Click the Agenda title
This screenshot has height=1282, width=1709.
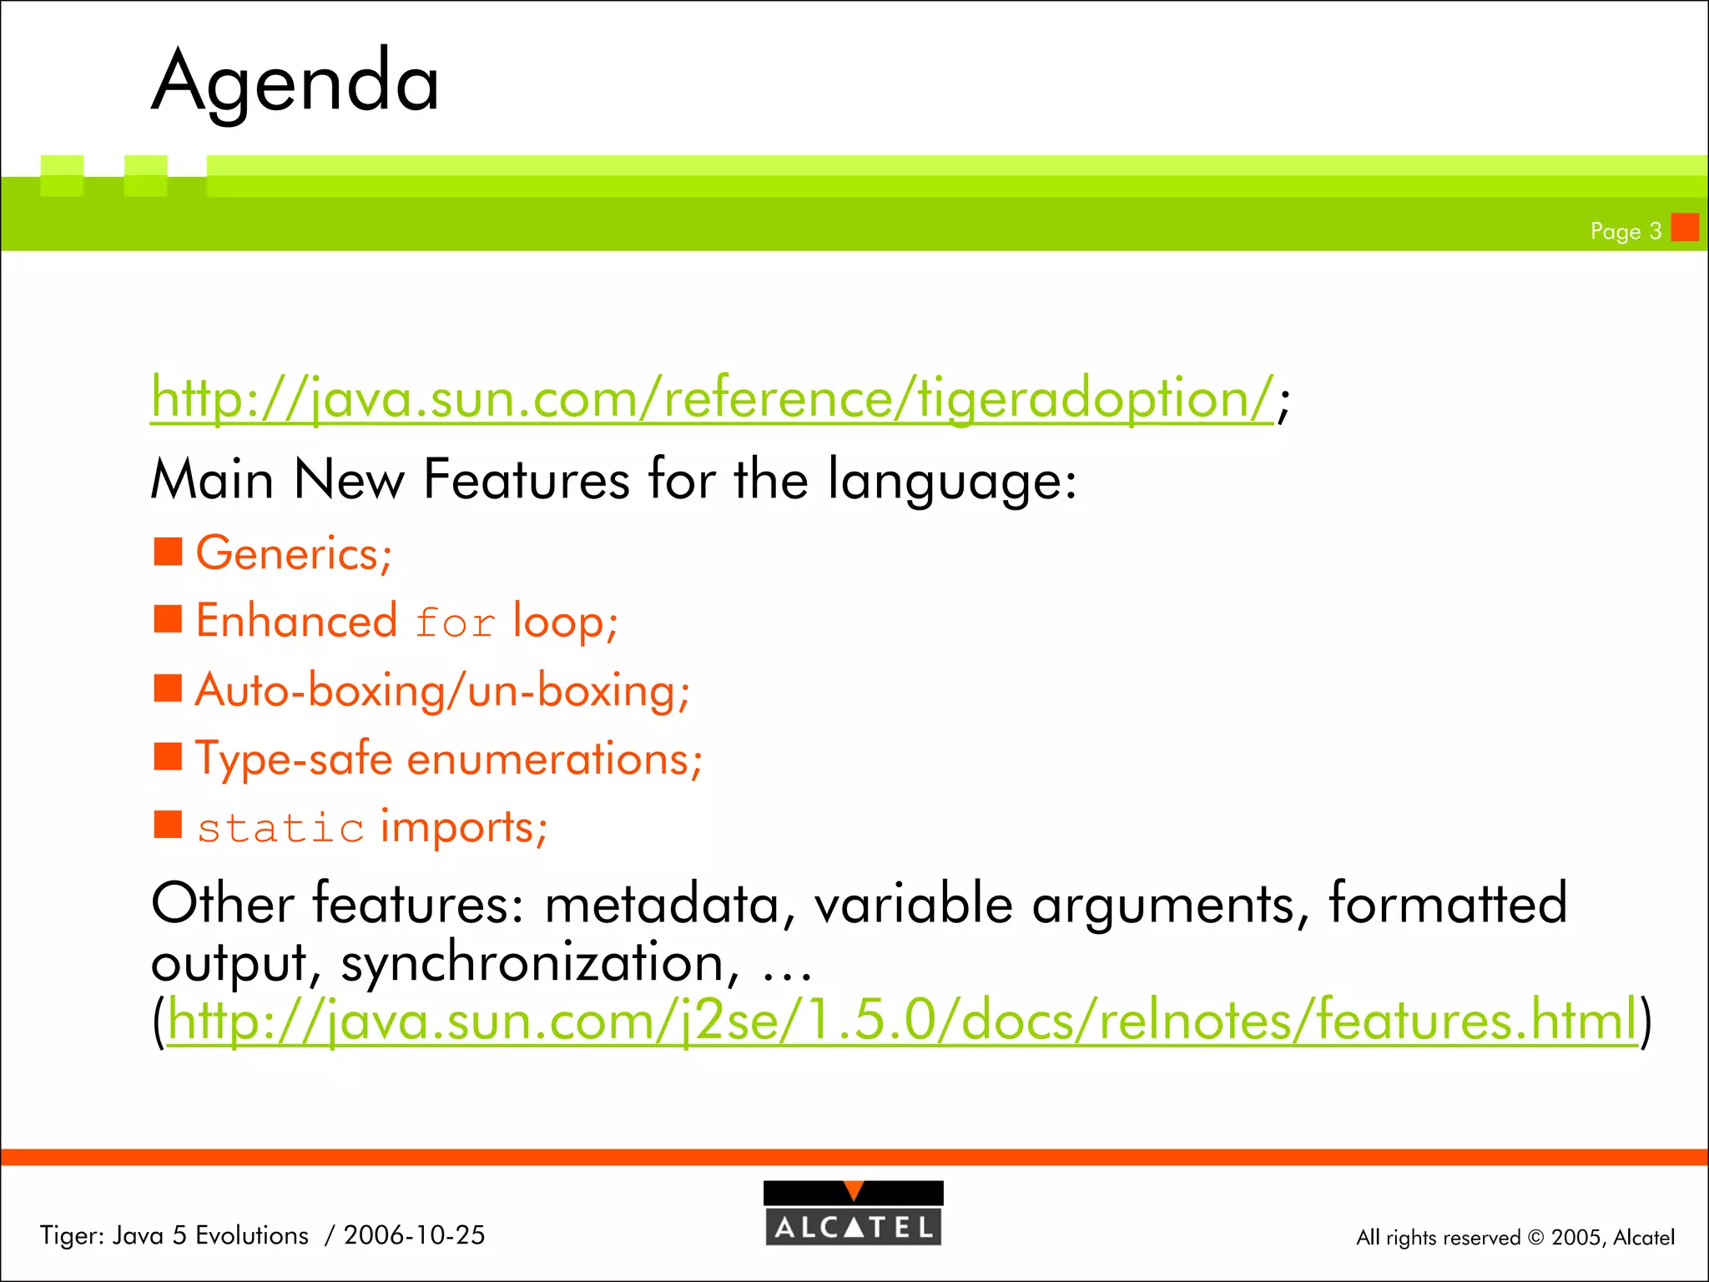pyautogui.click(x=295, y=82)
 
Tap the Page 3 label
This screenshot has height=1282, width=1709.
pyautogui.click(x=1626, y=231)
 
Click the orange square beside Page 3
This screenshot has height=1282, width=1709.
pyautogui.click(x=1685, y=227)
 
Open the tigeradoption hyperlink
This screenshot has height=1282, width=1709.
pyautogui.click(x=712, y=398)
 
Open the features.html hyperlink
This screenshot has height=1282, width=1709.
pyautogui.click(x=902, y=1020)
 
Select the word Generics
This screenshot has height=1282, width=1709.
pyautogui.click(x=288, y=553)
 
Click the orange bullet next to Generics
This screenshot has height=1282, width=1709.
pyautogui.click(x=169, y=551)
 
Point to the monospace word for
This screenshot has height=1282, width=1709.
pyautogui.click(x=455, y=623)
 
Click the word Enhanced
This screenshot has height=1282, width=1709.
pyautogui.click(x=296, y=621)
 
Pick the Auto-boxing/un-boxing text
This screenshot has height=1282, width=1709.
pyautogui.click(x=442, y=691)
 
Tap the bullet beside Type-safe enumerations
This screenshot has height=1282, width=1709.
pyautogui.click(x=169, y=756)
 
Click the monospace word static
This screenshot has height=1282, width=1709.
pyautogui.click(x=280, y=829)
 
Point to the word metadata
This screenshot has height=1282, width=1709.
pyautogui.click(x=663, y=905)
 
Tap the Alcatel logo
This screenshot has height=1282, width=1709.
pyautogui.click(x=854, y=1214)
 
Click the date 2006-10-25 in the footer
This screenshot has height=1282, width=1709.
pyautogui.click(x=414, y=1235)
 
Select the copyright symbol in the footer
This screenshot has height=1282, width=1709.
pyautogui.click(x=1535, y=1238)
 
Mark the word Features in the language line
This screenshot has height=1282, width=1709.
pyautogui.click(x=527, y=480)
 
